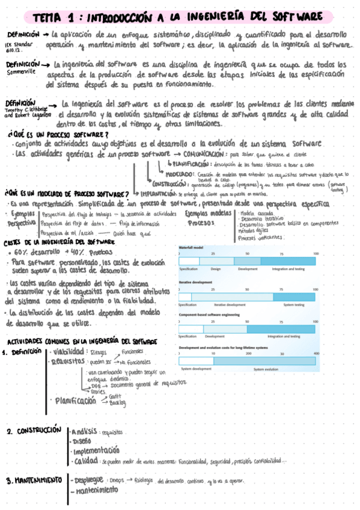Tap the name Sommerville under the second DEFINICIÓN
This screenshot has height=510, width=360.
click(x=19, y=70)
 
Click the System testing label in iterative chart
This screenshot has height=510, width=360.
click(x=294, y=305)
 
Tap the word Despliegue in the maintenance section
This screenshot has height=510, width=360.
click(x=89, y=479)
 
